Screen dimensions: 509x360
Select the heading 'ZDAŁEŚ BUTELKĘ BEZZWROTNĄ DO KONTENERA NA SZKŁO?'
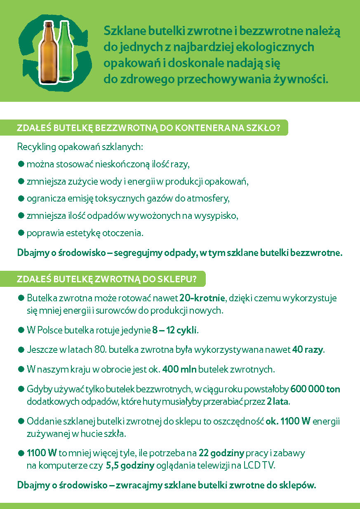(148, 128)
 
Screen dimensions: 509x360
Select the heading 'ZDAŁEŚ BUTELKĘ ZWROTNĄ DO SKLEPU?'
(106, 279)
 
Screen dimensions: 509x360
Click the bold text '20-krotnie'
(202, 298)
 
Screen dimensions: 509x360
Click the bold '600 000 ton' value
(315, 389)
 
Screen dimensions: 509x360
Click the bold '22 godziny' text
(221, 453)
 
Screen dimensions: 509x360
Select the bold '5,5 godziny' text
(130, 466)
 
